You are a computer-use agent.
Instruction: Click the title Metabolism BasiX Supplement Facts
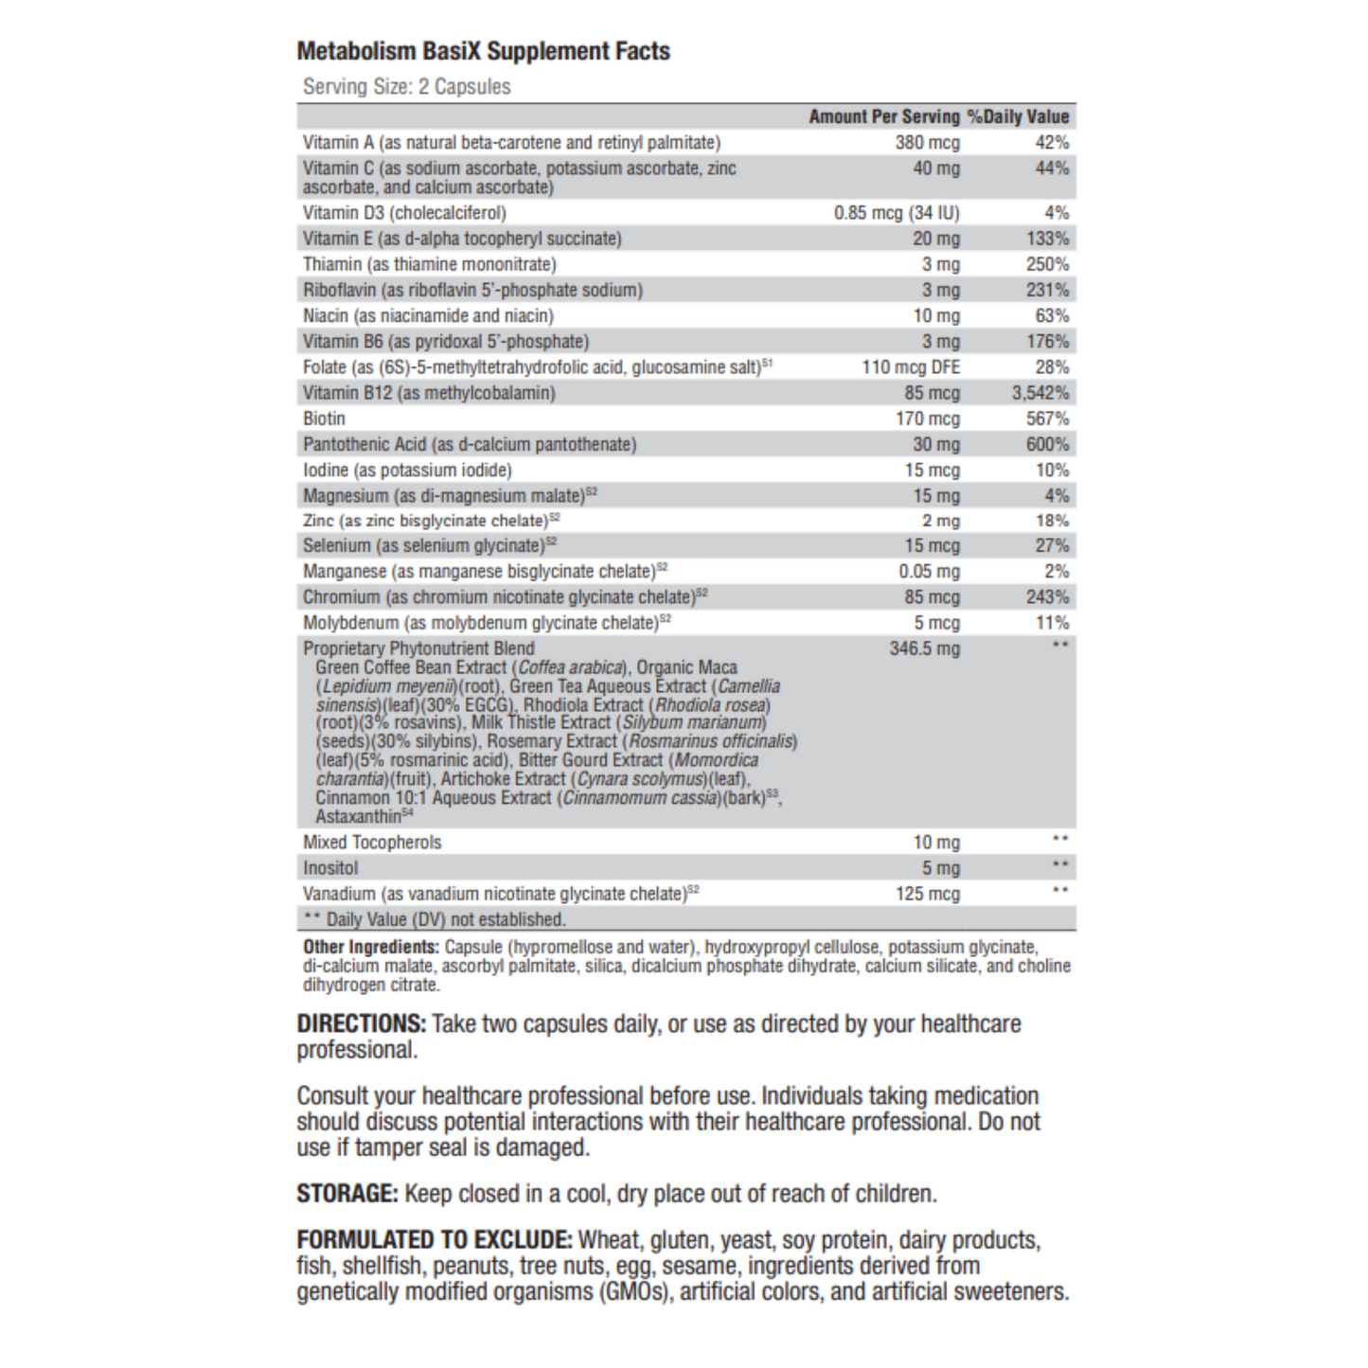[x=483, y=51]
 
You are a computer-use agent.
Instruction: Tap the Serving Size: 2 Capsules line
[x=406, y=87]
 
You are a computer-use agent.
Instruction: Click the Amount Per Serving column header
[x=883, y=116]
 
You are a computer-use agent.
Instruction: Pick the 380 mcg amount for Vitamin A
[x=927, y=143]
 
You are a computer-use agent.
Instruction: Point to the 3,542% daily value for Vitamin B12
[x=1039, y=393]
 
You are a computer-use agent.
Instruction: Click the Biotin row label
[x=324, y=418]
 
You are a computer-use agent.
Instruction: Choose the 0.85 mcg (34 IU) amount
[x=896, y=213]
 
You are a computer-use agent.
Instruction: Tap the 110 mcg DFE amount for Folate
[x=910, y=367]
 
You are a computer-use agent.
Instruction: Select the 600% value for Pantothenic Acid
[x=1047, y=444]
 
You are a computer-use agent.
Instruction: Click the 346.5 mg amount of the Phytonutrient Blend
[x=924, y=648]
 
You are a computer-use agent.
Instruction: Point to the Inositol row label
[x=330, y=868]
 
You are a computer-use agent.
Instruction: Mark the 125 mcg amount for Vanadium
[x=927, y=894]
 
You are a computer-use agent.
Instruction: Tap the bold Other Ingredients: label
[x=370, y=948]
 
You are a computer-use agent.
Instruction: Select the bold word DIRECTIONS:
[x=361, y=1023]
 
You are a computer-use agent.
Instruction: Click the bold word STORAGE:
[x=346, y=1194]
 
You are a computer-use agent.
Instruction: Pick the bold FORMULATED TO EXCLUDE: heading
[x=434, y=1240]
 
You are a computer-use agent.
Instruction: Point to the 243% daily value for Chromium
[x=1047, y=597]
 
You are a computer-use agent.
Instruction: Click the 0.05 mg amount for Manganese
[x=929, y=572]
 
